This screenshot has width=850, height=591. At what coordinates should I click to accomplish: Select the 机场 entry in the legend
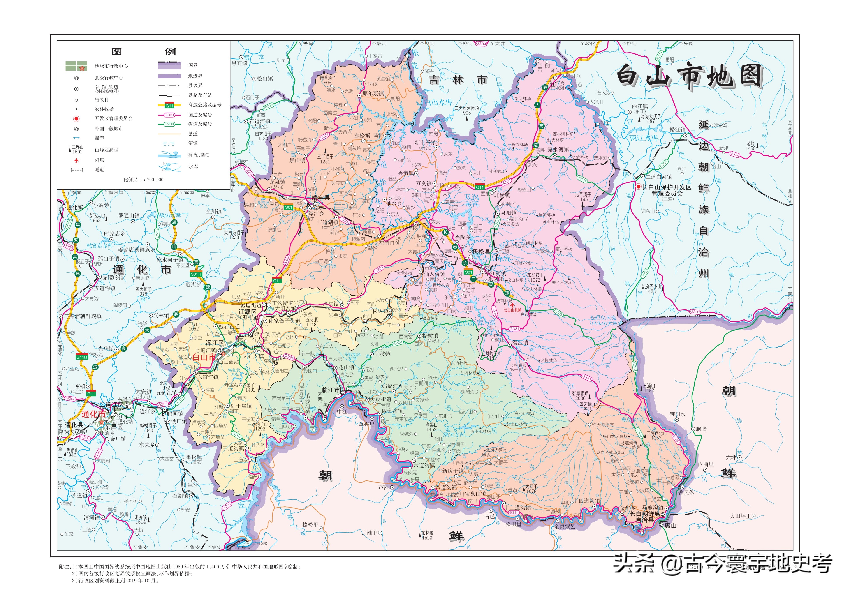pyautogui.click(x=99, y=160)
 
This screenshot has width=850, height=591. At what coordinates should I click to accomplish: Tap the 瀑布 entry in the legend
pyautogui.click(x=99, y=138)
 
